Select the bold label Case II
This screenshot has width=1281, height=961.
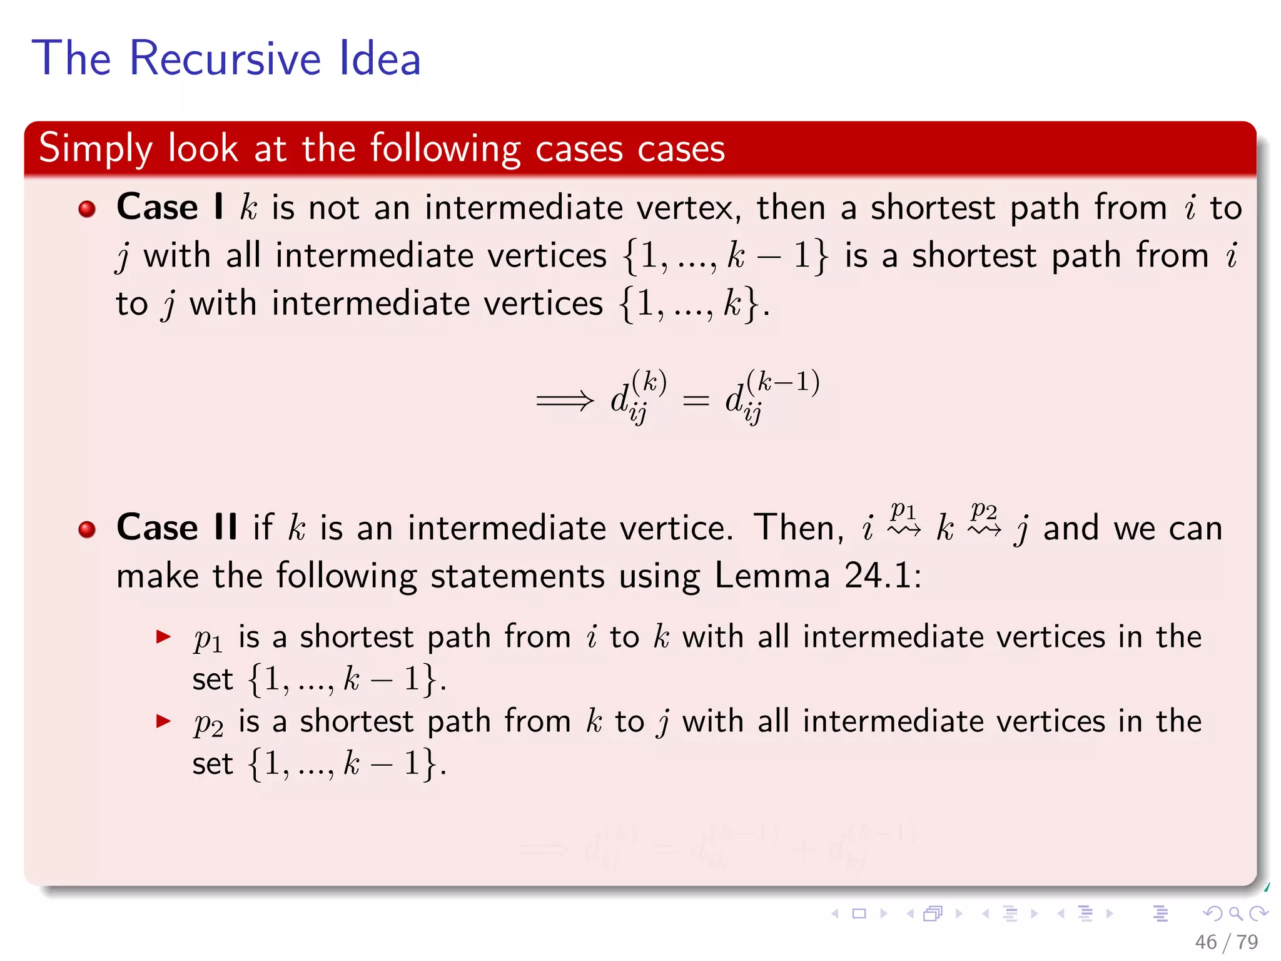[x=177, y=527]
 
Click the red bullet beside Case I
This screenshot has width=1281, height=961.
[x=87, y=208]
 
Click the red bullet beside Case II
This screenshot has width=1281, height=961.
[x=87, y=529]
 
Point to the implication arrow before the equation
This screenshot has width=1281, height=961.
[x=565, y=400]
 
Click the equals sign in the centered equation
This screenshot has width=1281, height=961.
[x=696, y=400]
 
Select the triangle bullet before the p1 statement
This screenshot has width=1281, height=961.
[x=163, y=638]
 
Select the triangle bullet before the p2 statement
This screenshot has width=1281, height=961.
[x=163, y=721]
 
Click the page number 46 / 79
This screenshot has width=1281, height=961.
[x=1226, y=942]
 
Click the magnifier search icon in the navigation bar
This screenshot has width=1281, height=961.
[x=1235, y=914]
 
